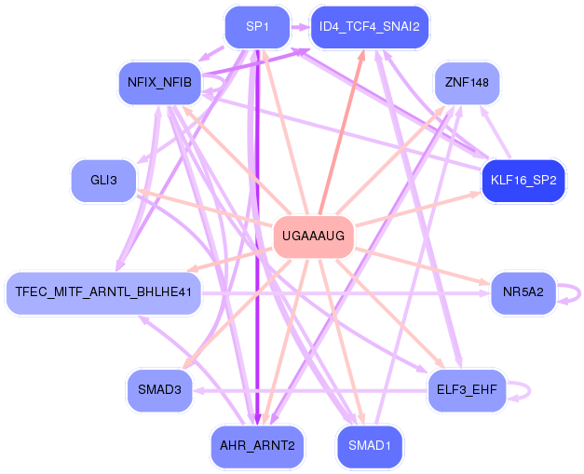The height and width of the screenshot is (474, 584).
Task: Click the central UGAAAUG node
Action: (313, 237)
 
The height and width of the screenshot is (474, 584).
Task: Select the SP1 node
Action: (257, 27)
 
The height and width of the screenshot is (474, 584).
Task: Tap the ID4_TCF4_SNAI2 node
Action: (370, 27)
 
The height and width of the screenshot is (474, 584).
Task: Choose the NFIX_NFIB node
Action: (159, 83)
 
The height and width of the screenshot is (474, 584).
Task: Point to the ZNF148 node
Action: (467, 83)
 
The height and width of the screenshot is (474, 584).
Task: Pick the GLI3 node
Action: (103, 180)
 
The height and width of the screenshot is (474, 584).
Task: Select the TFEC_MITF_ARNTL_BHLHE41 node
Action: (103, 292)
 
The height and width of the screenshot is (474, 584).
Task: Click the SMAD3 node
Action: (159, 389)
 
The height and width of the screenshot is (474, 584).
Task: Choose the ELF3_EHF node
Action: (467, 389)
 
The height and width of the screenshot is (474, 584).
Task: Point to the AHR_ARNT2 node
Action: (257, 446)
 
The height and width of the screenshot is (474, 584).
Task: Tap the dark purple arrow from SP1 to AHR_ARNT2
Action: (257, 233)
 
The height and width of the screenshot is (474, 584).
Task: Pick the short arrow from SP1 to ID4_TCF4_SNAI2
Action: (299, 27)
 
